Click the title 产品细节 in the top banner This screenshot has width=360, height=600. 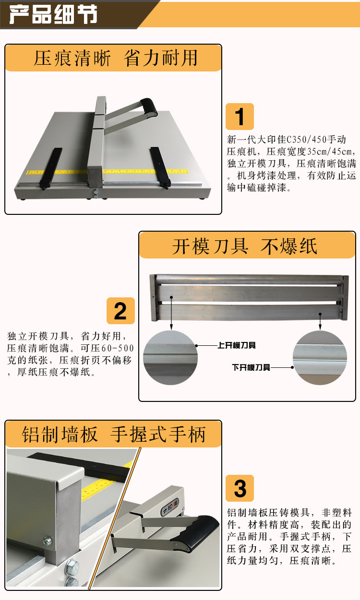[53, 14]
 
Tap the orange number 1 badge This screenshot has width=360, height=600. [240, 117]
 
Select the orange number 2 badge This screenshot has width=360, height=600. [120, 311]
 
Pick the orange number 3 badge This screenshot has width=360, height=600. [240, 488]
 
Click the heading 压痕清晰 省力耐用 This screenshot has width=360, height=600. [116, 58]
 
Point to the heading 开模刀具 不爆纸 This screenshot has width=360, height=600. [245, 246]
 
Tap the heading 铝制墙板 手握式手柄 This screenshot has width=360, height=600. [114, 434]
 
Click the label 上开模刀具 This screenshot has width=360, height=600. [237, 345]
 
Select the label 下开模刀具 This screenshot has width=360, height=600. [251, 367]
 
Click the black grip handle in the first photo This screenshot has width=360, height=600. [149, 106]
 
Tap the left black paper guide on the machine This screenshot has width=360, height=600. [51, 168]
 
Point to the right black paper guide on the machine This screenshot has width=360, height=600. [160, 167]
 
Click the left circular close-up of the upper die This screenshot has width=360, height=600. [170, 358]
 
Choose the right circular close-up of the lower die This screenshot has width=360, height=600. [320, 358]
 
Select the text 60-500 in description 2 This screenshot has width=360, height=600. [118, 348]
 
